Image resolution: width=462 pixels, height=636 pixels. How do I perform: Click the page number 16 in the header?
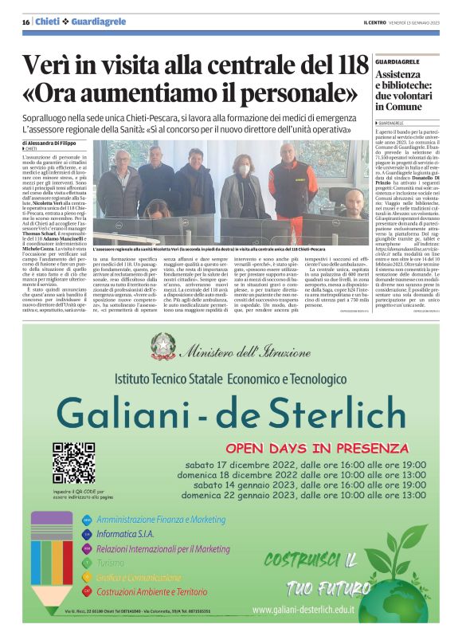click(25, 22)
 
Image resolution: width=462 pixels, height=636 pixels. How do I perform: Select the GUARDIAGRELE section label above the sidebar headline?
click(399, 61)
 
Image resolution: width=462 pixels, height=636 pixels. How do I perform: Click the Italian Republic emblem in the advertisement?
click(164, 345)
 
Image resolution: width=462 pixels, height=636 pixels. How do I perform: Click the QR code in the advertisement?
click(74, 462)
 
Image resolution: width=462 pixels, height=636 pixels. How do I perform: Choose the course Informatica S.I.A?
click(127, 533)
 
